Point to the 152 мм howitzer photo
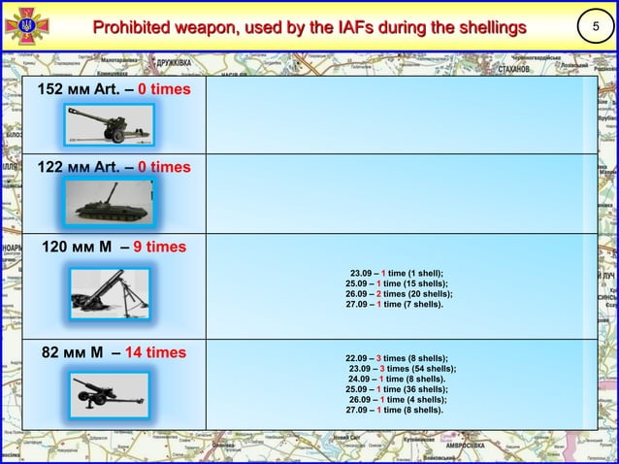(x=109, y=123)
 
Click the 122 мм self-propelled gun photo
(x=108, y=201)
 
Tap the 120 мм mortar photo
(x=110, y=289)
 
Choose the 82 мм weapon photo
(x=109, y=394)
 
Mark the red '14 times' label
(x=154, y=351)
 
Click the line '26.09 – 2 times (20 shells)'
(x=399, y=293)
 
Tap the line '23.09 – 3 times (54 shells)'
(x=402, y=369)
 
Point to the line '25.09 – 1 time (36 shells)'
(x=399, y=389)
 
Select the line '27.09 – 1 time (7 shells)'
(x=395, y=304)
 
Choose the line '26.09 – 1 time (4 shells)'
(x=398, y=399)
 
